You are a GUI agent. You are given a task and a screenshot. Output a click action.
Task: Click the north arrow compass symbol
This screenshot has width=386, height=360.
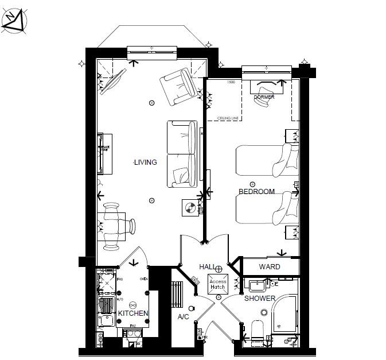[x=14, y=21]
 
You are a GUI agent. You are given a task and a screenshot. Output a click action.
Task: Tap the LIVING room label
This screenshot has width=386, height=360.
[x=145, y=162]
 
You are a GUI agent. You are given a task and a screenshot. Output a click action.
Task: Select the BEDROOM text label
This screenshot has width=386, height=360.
[x=256, y=191]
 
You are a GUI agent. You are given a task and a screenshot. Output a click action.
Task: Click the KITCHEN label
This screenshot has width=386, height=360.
[x=133, y=313]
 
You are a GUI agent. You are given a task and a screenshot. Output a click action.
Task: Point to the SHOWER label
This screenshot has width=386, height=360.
[x=260, y=299]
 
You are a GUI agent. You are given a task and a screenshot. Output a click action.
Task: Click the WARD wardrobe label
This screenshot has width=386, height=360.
[x=269, y=267]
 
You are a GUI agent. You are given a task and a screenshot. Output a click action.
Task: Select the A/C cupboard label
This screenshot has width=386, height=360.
[x=184, y=316]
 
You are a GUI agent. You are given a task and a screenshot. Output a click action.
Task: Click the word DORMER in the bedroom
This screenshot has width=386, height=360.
[x=264, y=97]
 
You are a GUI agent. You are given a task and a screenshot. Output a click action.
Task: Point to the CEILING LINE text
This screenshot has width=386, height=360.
[x=227, y=118]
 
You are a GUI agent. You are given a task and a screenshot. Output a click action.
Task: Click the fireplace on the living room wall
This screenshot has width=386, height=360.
[x=103, y=153]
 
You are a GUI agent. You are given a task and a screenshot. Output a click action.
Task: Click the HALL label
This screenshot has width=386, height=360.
[x=207, y=268]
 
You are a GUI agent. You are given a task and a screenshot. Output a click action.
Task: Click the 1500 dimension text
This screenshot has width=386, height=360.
[x=231, y=83]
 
